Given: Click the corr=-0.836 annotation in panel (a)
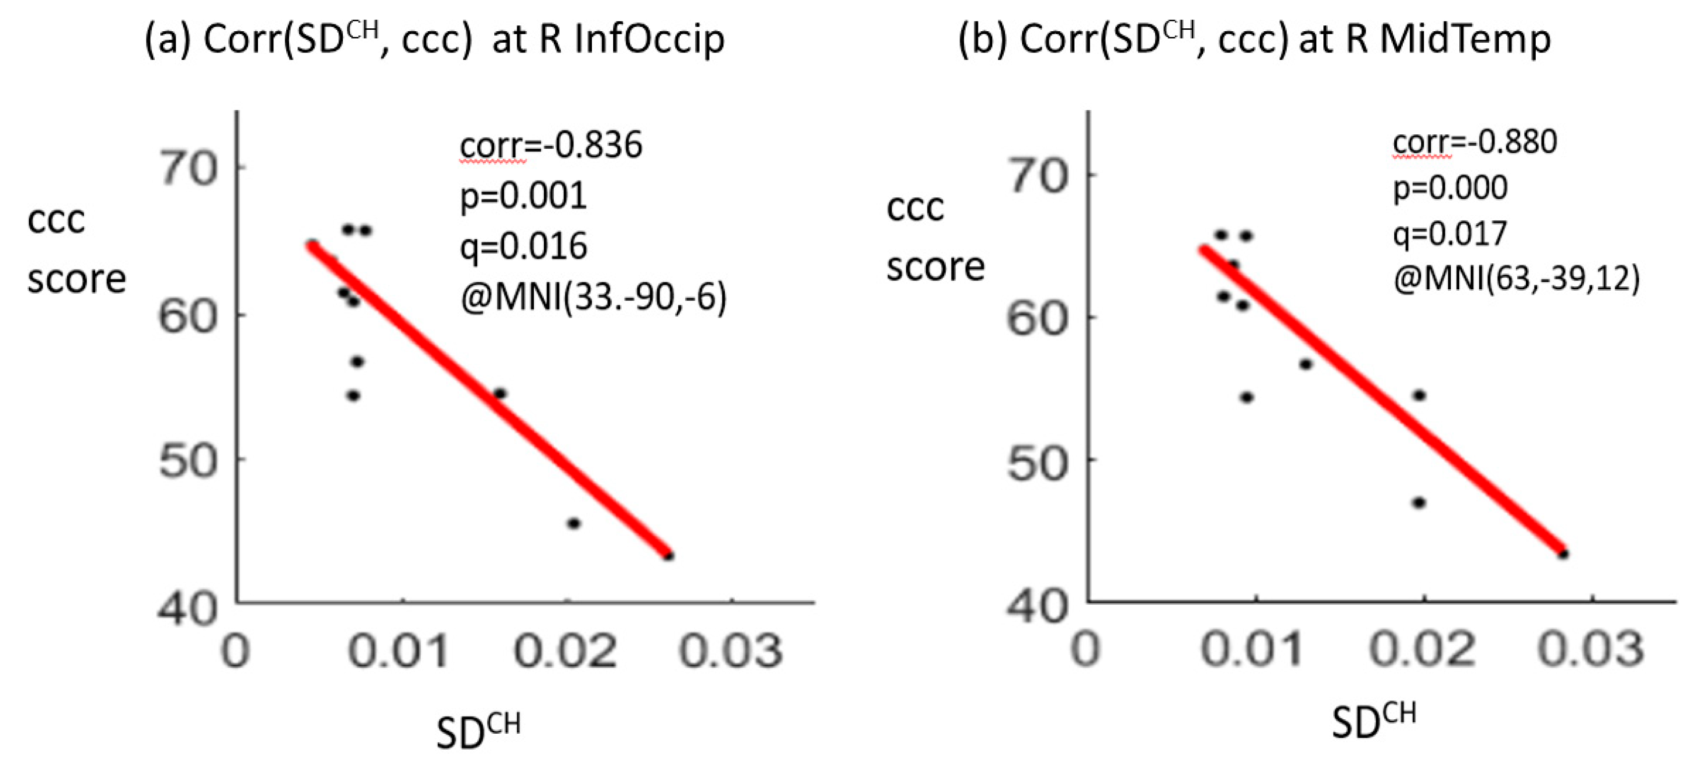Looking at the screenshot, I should (x=551, y=145).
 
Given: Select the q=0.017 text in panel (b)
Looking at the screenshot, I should (x=1450, y=234).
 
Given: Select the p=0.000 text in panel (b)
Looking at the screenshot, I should (x=1450, y=188).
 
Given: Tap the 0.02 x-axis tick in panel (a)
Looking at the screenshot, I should (x=565, y=651).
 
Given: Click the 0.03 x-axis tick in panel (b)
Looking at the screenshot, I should (x=1591, y=649).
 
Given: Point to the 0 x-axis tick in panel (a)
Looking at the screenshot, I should (x=236, y=651).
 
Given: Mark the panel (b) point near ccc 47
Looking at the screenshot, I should (x=1419, y=503).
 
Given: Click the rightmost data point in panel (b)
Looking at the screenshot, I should (x=1563, y=554).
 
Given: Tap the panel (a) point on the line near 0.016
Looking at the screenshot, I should (x=500, y=393).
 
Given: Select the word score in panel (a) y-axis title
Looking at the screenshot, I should (x=76, y=279).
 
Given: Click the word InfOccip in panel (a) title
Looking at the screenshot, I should (x=649, y=39).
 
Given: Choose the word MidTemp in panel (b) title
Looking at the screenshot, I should (x=1465, y=39).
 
